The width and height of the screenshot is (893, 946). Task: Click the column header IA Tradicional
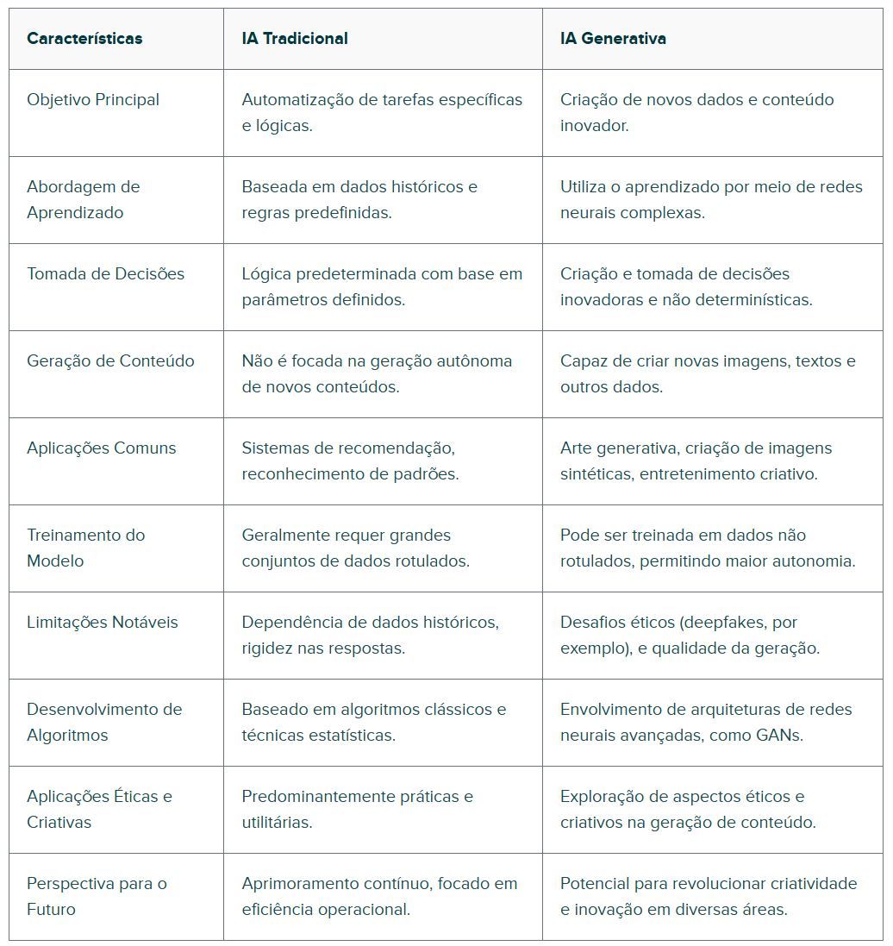[295, 39]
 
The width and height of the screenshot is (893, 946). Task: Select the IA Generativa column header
[613, 39]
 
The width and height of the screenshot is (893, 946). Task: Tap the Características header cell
[84, 39]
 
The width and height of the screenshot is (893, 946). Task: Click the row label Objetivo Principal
[93, 100]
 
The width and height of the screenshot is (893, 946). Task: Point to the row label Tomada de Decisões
[105, 274]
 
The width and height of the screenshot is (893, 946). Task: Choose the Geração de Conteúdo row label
[110, 361]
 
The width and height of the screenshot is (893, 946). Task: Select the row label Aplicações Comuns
[101, 448]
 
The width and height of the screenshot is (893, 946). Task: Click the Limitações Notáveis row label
[102, 623]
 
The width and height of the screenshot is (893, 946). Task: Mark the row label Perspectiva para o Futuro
[97, 896]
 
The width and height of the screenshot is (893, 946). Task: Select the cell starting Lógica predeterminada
[381, 287]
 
